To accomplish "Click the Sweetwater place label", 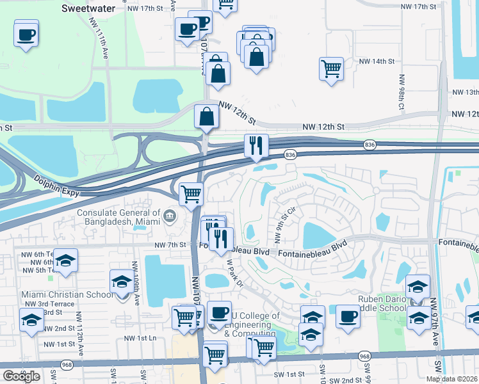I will tap(88, 8).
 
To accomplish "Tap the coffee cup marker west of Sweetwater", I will tap(26, 35).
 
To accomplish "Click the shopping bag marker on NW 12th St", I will tap(207, 117).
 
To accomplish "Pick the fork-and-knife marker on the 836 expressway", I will tap(256, 146).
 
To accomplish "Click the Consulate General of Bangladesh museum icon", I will tap(170, 216).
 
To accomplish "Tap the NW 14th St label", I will tap(377, 61).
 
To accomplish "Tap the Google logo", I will tap(21, 376).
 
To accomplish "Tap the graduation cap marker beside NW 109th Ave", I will tap(121, 281).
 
